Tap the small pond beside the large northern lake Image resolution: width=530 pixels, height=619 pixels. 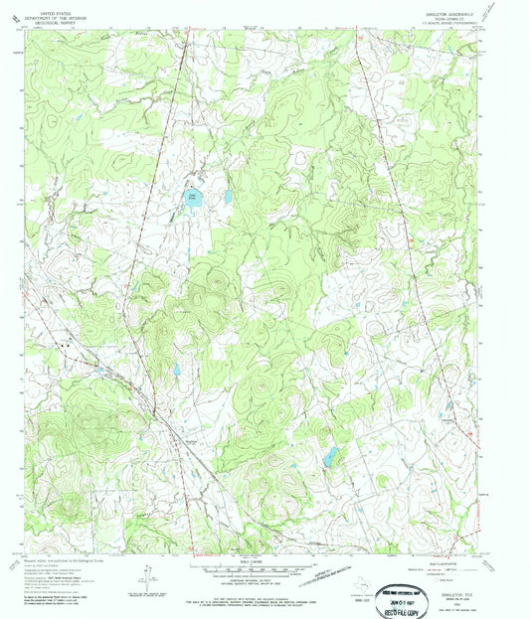[x=228, y=197]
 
